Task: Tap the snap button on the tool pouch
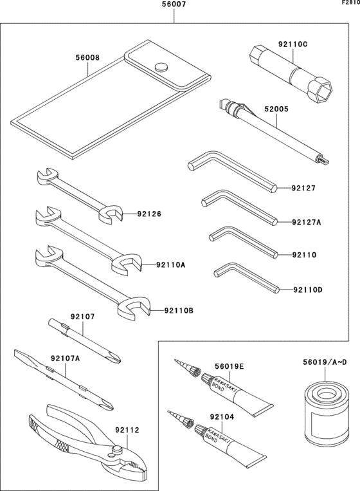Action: point(161,66)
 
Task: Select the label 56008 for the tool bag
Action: point(87,57)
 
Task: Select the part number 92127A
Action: point(306,222)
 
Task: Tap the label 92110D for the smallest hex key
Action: point(307,290)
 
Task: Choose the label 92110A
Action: point(170,264)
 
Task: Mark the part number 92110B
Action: point(178,311)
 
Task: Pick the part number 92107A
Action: point(65,359)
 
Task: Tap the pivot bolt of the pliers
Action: point(116,449)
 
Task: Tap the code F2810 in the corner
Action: point(350,3)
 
